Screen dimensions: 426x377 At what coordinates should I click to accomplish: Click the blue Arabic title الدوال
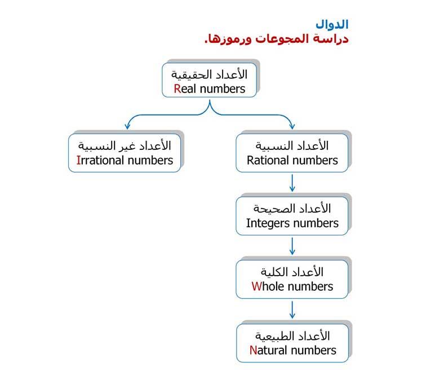pyautogui.click(x=332, y=25)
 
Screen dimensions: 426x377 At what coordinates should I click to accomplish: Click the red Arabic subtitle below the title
pyautogui.click(x=277, y=39)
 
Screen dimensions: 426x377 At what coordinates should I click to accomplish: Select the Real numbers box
pyautogui.click(x=209, y=80)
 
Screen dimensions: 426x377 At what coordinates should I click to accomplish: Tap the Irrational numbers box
pyautogui.click(x=125, y=153)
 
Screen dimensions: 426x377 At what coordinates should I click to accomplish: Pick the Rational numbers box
pyautogui.click(x=292, y=153)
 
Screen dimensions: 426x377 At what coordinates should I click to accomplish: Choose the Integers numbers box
pyautogui.click(x=292, y=216)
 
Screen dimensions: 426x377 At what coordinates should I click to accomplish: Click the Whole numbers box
pyautogui.click(x=292, y=279)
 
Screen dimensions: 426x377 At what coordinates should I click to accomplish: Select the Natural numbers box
pyautogui.click(x=292, y=343)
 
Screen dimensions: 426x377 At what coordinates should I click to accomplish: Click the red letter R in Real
pyautogui.click(x=177, y=89)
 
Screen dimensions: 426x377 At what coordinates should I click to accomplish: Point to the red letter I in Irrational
pyautogui.click(x=78, y=160)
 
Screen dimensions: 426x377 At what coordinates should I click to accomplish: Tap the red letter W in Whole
pyautogui.click(x=256, y=286)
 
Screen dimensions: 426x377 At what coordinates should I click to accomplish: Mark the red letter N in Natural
pyautogui.click(x=253, y=350)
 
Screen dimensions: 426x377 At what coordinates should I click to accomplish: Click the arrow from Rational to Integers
pyautogui.click(x=292, y=183)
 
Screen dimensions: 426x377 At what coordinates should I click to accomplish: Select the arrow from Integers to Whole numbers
pyautogui.click(x=292, y=246)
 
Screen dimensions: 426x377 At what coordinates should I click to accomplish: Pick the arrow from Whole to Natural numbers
pyautogui.click(x=292, y=309)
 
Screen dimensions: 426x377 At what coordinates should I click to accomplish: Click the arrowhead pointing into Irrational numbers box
pyautogui.click(x=127, y=126)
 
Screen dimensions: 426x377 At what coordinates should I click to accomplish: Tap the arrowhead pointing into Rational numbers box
pyautogui.click(x=292, y=126)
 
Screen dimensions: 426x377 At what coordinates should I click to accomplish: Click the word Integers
pyautogui.click(x=268, y=224)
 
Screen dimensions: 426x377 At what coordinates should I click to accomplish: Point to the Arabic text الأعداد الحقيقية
pyautogui.click(x=209, y=75)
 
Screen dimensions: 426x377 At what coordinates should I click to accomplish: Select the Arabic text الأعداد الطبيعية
pyautogui.click(x=292, y=336)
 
